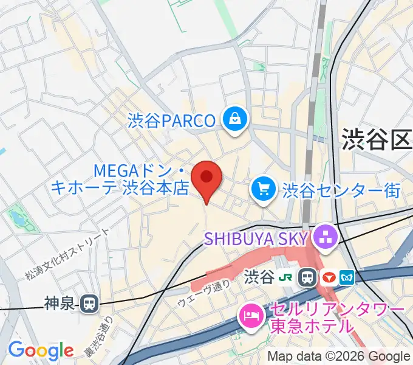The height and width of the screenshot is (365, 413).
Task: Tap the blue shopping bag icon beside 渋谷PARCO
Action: point(233,119)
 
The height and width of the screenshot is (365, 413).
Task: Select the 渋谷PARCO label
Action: point(171,120)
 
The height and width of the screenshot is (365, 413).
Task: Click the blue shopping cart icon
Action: point(263,190)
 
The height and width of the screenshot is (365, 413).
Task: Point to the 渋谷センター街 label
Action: point(341,190)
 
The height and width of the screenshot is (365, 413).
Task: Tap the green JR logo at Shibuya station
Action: point(284,277)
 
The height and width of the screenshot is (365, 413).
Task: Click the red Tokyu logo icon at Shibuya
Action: point(329,277)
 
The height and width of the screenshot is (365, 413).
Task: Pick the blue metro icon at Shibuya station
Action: point(347,277)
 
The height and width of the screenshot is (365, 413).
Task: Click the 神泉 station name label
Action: point(61,302)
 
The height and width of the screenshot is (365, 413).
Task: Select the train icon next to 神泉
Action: point(90,302)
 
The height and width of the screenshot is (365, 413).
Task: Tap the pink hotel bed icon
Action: point(250,316)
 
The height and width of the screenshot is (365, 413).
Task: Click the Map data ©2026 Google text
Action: point(339,356)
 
